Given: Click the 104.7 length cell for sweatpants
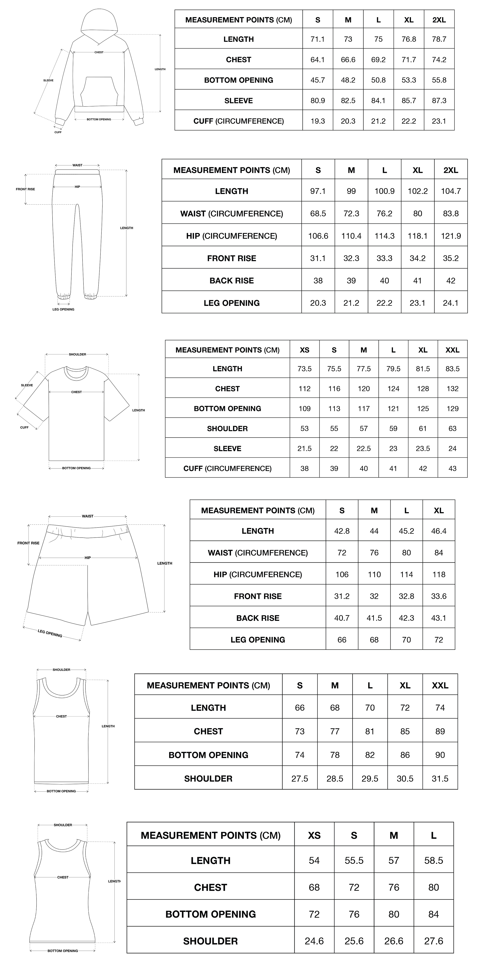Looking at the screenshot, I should pyautogui.click(x=451, y=191).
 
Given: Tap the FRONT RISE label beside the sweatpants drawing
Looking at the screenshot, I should pyautogui.click(x=25, y=189).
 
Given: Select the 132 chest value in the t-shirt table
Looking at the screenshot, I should pyautogui.click(x=452, y=388).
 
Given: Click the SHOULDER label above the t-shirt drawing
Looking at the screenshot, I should pyautogui.click(x=77, y=354).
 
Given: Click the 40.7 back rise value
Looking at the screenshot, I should pyautogui.click(x=342, y=618).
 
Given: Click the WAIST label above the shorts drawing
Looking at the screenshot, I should pyautogui.click(x=88, y=516).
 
